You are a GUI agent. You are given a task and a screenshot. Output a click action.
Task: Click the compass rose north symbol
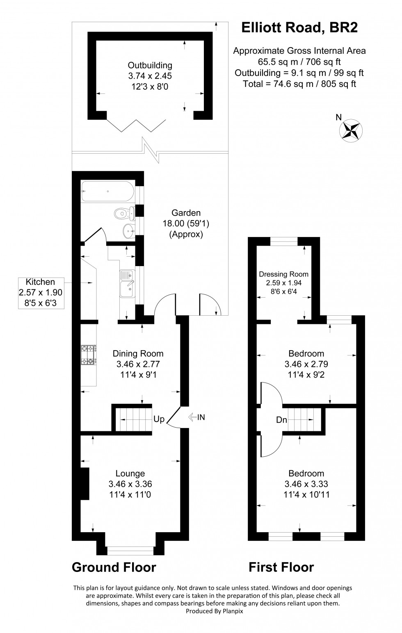(x=350, y=130)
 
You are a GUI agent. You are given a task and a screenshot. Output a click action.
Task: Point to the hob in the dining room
(x=89, y=355)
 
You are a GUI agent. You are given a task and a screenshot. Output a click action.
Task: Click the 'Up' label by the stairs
(x=159, y=419)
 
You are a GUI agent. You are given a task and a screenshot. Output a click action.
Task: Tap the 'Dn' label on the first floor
(x=281, y=420)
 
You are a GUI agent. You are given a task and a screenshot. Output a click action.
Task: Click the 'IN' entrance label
(x=201, y=417)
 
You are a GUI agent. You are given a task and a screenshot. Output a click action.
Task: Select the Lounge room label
(x=130, y=474)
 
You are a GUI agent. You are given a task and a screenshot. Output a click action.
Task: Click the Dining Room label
(x=138, y=353)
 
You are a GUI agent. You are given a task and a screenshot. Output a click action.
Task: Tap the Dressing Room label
(x=283, y=274)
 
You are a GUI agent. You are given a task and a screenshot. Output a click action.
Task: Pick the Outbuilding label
(x=150, y=65)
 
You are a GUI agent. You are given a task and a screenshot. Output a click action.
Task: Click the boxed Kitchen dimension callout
(x=40, y=292)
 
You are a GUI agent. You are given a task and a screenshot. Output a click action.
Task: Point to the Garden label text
(x=186, y=213)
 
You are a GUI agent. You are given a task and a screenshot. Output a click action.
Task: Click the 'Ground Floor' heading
(x=114, y=567)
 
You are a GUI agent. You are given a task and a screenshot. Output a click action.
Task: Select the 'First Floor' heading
(x=281, y=567)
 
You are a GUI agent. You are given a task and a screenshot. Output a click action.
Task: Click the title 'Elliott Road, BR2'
(x=299, y=27)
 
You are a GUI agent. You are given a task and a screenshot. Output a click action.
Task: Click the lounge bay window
(x=130, y=551)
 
